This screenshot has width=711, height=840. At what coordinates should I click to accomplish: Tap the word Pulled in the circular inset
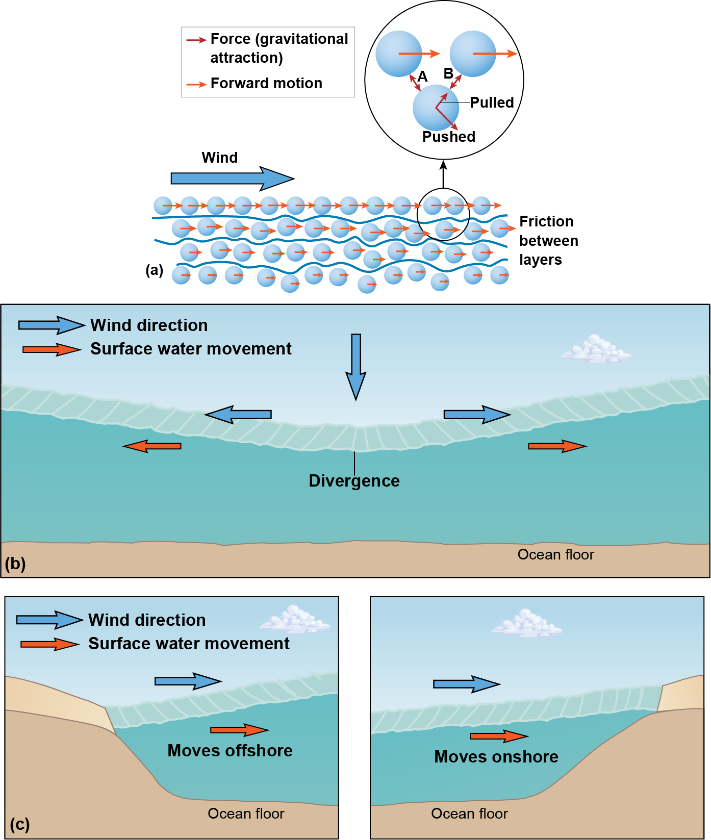point(491,103)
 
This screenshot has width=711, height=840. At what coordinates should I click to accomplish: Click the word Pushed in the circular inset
point(448,137)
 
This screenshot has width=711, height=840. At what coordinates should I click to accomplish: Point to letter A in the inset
point(422,77)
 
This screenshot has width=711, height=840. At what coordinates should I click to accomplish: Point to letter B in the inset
point(448,74)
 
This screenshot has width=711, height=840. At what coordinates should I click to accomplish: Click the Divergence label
point(354,481)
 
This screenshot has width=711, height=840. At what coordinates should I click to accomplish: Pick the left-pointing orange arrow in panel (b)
point(153,446)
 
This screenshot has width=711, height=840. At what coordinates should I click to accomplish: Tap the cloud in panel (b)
point(595,350)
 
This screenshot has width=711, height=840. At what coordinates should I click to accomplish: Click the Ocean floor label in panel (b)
point(555,554)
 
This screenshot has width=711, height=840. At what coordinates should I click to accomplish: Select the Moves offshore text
point(230,751)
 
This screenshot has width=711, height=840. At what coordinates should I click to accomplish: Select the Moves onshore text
point(496,757)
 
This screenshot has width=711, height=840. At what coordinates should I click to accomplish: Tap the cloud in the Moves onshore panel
point(526,623)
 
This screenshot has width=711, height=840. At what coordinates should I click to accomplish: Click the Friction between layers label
point(548,240)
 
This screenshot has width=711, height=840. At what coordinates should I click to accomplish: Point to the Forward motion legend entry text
point(266,83)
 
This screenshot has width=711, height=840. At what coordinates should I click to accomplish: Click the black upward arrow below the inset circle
point(443,174)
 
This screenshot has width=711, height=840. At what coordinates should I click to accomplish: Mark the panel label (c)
point(19,824)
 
